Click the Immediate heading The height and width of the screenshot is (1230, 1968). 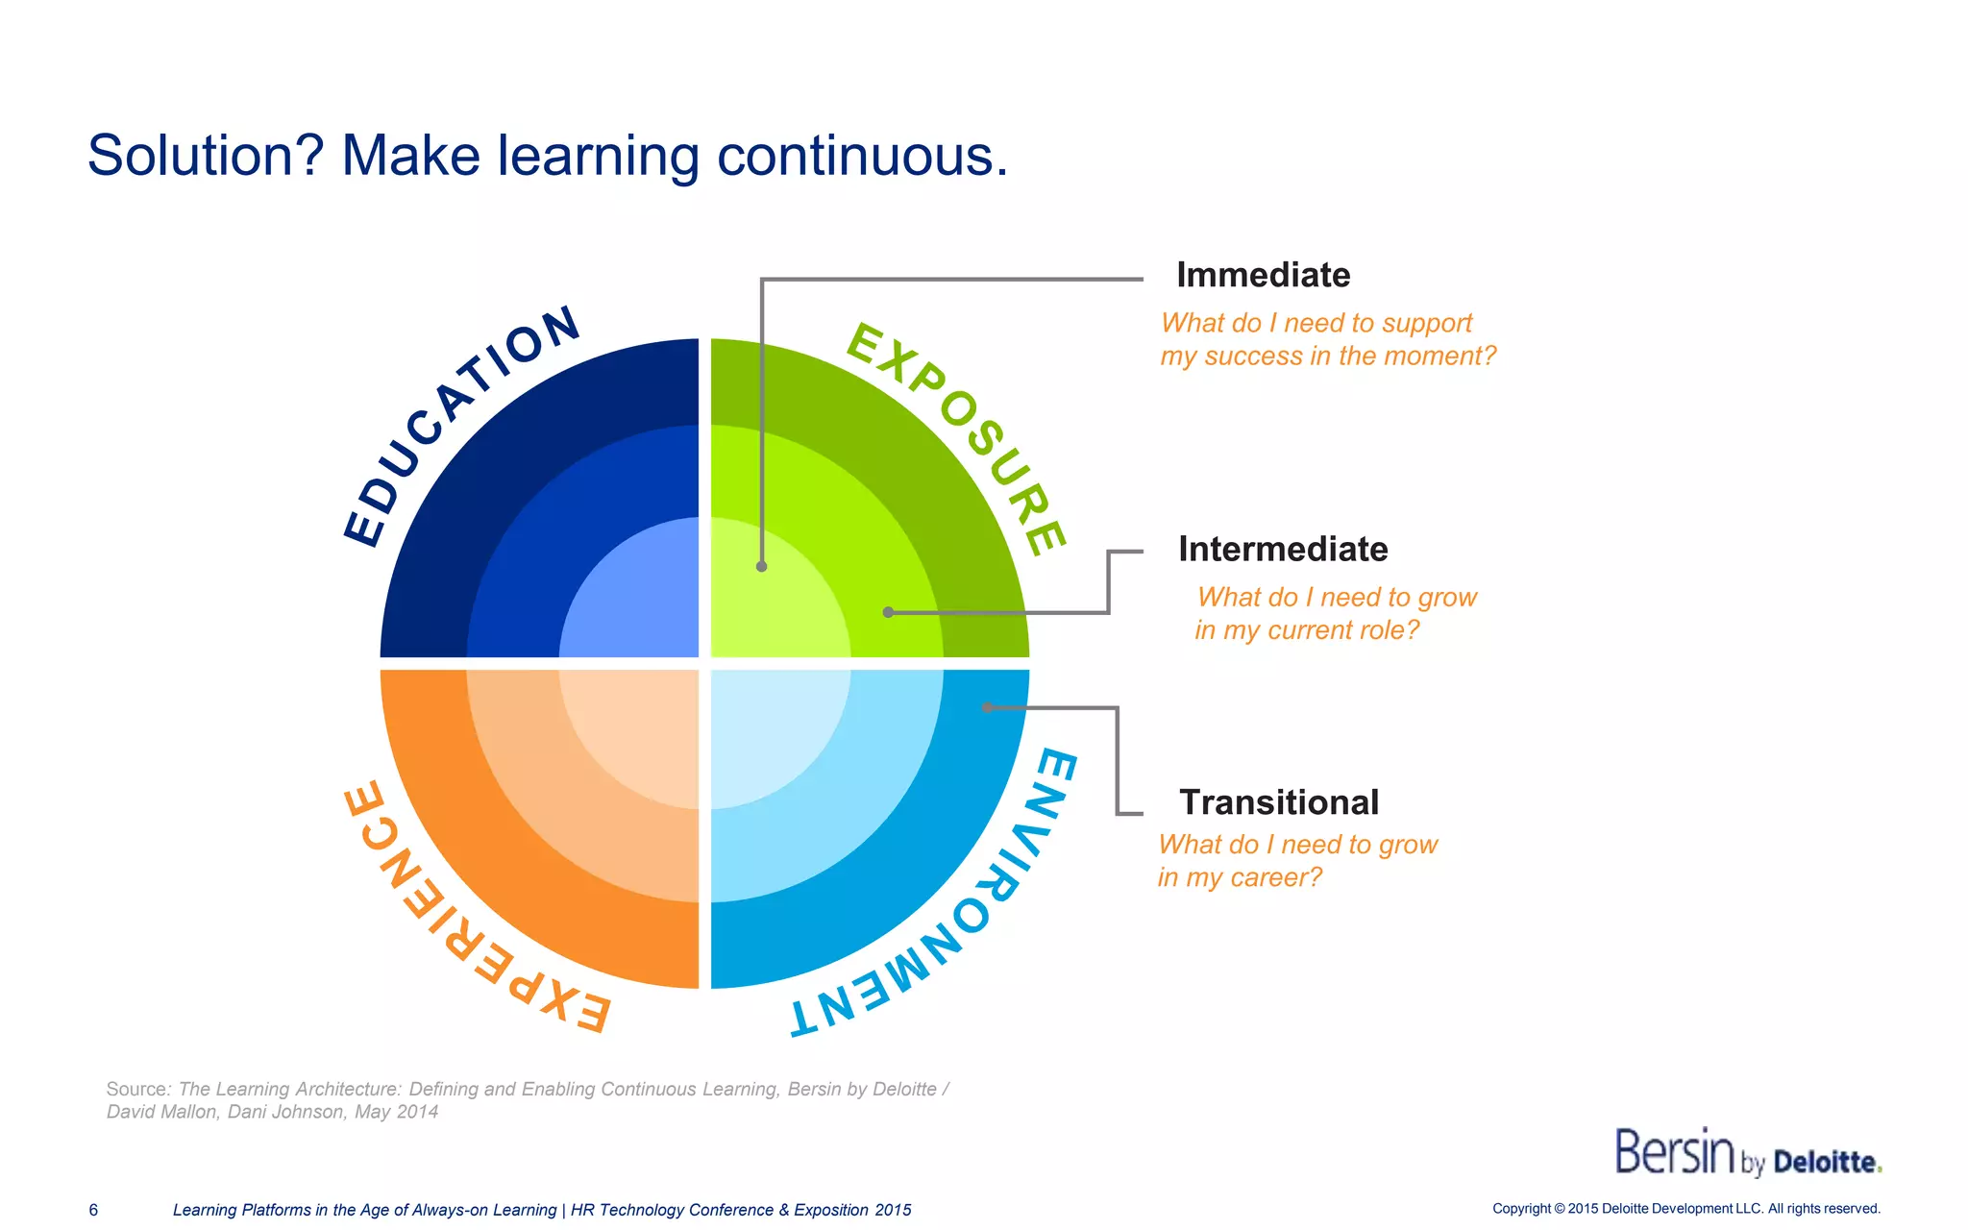point(1263,276)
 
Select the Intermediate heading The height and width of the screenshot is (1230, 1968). point(1283,550)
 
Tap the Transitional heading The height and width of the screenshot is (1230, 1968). point(1279,802)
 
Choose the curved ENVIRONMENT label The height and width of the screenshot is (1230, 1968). point(961,913)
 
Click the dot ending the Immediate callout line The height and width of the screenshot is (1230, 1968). point(761,567)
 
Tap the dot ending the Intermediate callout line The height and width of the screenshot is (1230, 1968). point(888,612)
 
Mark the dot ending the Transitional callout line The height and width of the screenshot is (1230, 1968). point(987,707)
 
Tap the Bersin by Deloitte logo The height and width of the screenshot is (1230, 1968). point(1747,1153)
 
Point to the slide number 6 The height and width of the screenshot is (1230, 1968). point(93,1210)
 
